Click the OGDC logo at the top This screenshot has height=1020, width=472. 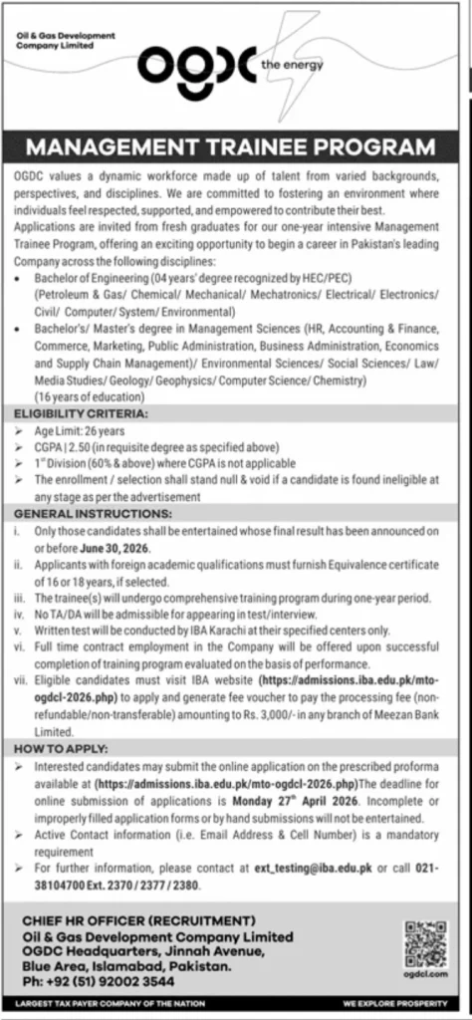[x=196, y=67]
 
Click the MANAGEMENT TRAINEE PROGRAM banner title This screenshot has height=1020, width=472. [x=236, y=147]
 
